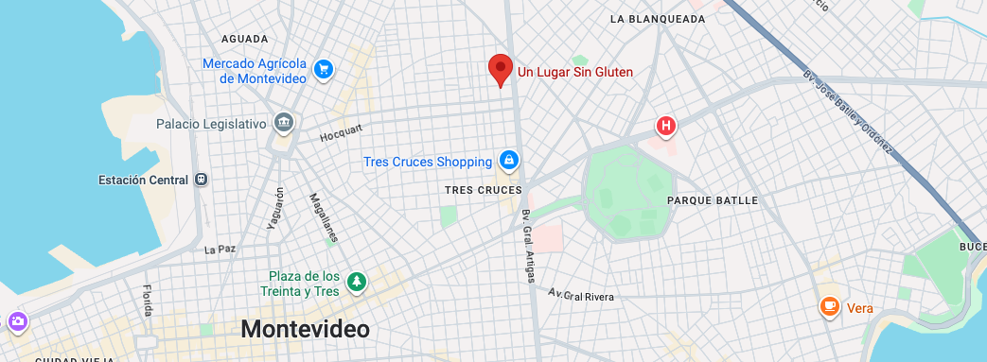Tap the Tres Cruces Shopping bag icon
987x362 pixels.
[509, 161]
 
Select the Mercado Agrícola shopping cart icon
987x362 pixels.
[324, 69]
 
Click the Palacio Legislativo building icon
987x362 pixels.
[282, 124]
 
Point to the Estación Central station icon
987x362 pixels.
[201, 180]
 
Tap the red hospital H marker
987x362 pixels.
[666, 126]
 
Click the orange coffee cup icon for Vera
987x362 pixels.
[830, 306]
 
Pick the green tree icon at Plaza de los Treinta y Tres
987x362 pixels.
[357, 281]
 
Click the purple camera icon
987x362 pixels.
[18, 323]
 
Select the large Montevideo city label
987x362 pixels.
[305, 328]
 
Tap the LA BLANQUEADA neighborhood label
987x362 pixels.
[658, 19]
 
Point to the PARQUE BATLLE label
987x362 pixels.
[713, 200]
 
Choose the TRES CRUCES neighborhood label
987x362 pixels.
[483, 190]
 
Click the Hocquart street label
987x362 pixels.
[342, 134]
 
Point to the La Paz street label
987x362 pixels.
[219, 250]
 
